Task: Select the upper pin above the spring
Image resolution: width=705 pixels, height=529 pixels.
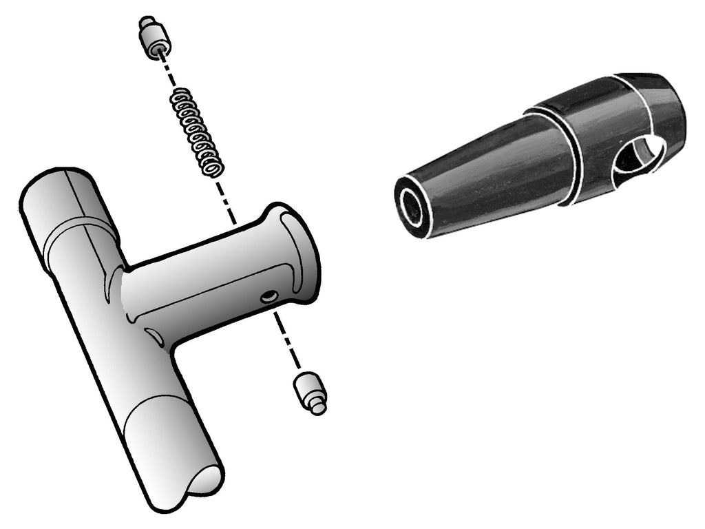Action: [153, 41]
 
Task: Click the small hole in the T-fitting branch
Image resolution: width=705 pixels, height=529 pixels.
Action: [269, 297]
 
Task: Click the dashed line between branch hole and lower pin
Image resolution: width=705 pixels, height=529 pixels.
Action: [287, 341]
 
